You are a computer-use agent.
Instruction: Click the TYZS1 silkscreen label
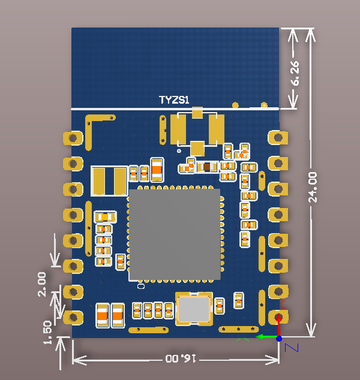point(173,100)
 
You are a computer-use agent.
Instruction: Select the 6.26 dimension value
point(296,73)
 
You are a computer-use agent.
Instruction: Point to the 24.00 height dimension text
point(313,186)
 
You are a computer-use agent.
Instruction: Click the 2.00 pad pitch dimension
point(42,284)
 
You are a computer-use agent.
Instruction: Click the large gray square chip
point(175,234)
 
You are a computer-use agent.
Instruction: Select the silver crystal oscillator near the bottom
point(193,309)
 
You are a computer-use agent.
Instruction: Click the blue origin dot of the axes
point(279,338)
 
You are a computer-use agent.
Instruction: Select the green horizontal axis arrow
point(264,337)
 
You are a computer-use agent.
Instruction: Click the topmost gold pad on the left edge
point(73,138)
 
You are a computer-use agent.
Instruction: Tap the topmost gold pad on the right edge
point(276,137)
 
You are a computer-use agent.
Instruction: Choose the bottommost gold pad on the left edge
point(73,316)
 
